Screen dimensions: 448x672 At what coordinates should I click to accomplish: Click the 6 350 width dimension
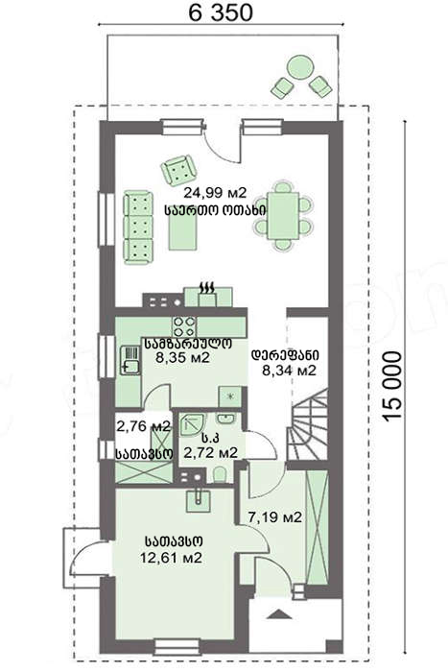tap(220, 12)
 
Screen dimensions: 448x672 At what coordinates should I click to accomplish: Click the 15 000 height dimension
tap(392, 386)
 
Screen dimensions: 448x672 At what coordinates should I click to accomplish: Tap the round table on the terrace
tap(300, 67)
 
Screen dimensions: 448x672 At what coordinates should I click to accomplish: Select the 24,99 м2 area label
tap(216, 193)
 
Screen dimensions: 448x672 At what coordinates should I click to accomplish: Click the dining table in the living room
tap(283, 216)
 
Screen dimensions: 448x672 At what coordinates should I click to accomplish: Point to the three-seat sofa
tap(138, 228)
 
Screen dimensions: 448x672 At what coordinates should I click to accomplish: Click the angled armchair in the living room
tap(178, 170)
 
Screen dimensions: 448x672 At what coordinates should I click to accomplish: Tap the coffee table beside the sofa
tap(182, 231)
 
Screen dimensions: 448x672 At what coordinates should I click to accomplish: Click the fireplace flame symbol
tap(208, 287)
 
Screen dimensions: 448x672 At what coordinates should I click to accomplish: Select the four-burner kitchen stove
tap(184, 326)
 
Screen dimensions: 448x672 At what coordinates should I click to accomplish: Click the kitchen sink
tap(130, 360)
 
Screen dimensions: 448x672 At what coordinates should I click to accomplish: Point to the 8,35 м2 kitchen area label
tap(183, 357)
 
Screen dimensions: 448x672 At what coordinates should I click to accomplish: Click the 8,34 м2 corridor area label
tap(289, 370)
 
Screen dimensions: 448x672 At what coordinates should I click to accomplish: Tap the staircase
tap(308, 424)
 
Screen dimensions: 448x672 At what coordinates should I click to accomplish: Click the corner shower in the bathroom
tap(192, 423)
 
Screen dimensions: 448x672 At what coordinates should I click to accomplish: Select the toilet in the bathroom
tap(220, 475)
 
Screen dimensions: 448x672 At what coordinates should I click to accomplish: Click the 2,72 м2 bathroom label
tap(210, 452)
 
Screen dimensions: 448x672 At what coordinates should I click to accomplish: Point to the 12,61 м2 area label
tap(171, 558)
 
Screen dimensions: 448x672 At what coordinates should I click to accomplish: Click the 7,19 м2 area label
tap(275, 516)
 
